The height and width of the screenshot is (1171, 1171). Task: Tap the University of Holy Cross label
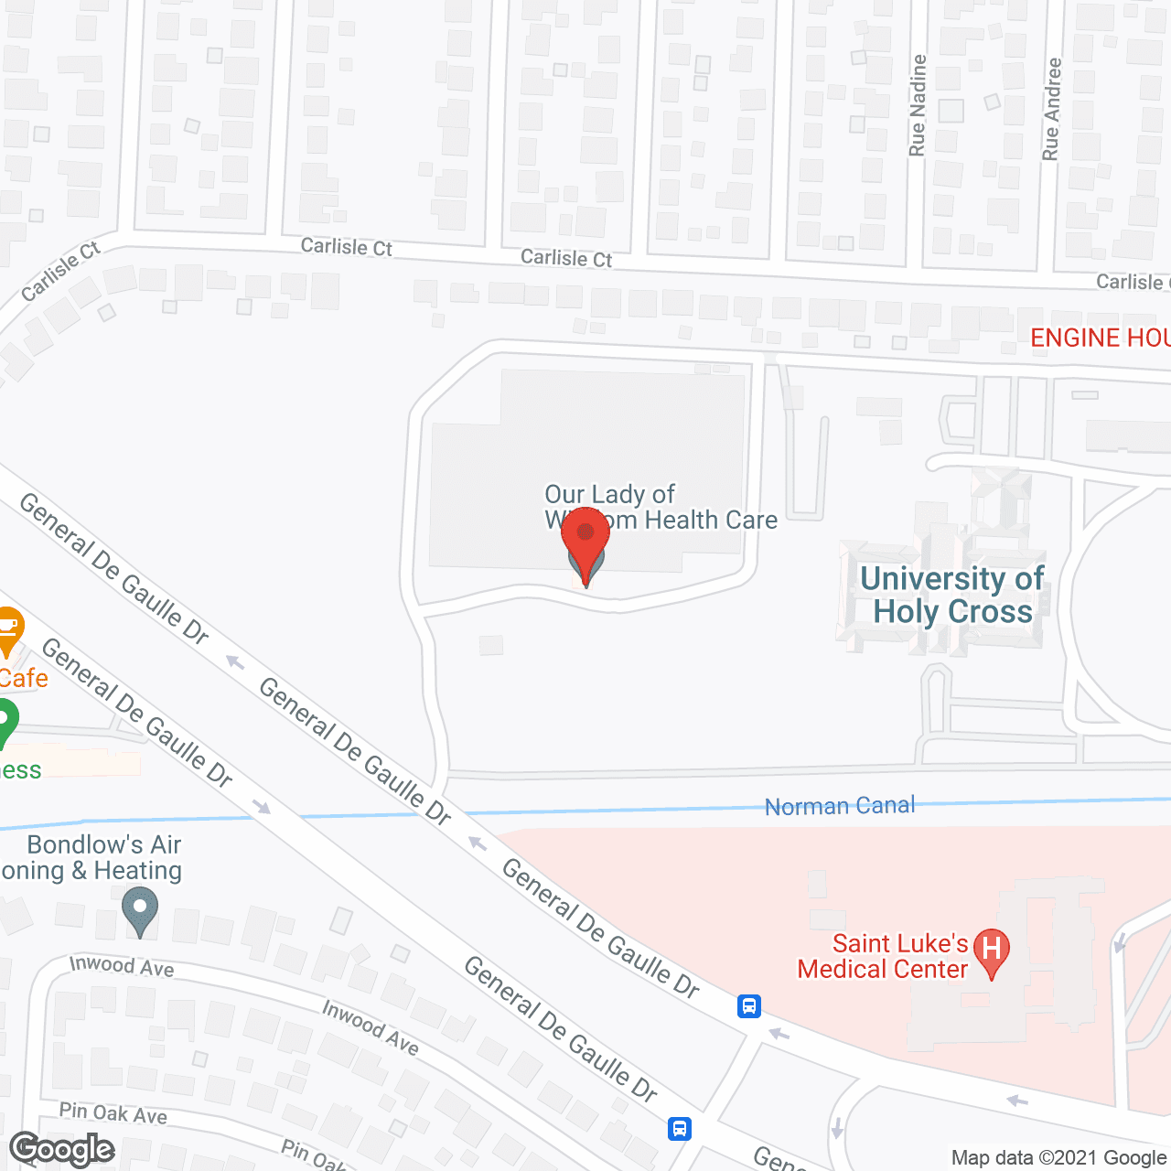coord(951,595)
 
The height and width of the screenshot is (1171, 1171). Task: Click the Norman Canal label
coord(839,806)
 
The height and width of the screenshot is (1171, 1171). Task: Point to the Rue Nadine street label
coord(918,105)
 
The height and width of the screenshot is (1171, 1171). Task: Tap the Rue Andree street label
coord(1051,110)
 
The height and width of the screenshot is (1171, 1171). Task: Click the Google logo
coord(62,1149)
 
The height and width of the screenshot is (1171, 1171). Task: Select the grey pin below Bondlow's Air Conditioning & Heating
coord(139,911)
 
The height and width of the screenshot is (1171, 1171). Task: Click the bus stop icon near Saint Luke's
coord(748,1007)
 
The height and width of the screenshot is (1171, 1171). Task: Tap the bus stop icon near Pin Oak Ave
coord(679,1128)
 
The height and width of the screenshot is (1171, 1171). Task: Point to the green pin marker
coord(5,720)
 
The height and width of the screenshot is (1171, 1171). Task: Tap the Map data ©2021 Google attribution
coord(1058,1158)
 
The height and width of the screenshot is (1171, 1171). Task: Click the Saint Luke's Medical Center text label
coord(882,956)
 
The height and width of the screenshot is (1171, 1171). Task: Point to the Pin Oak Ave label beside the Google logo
coord(113,1113)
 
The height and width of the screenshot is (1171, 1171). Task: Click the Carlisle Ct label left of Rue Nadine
coord(566,258)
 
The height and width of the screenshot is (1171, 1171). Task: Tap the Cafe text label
coord(23,678)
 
